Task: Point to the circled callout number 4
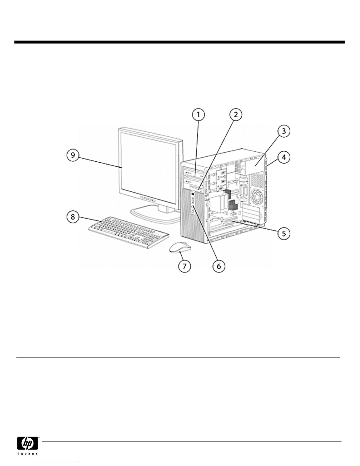pyautogui.click(x=282, y=158)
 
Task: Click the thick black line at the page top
pyautogui.click(x=180, y=42)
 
